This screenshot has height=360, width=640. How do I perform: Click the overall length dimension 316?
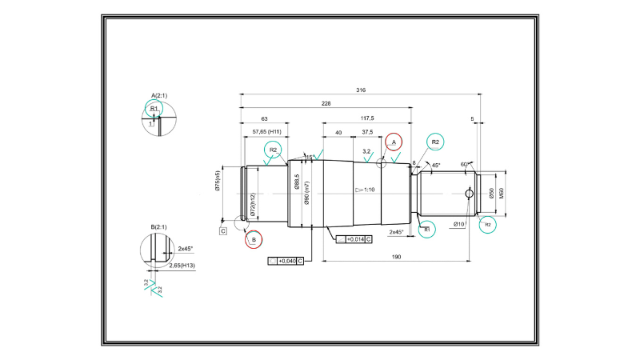[361, 90]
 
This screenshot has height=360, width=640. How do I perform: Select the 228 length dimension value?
[326, 104]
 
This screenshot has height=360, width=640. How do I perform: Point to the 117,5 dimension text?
[367, 118]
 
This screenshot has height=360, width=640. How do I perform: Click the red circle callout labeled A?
[393, 142]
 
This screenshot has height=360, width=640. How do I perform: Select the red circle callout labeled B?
[254, 238]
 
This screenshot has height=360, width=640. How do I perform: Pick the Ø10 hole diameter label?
[458, 224]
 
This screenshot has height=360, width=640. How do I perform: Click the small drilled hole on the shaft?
[469, 193]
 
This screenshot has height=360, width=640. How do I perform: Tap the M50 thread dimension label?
[502, 193]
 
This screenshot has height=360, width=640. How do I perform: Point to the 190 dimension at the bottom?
[397, 258]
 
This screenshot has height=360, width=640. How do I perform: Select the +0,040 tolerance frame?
[286, 261]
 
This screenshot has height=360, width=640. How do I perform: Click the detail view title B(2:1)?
[158, 227]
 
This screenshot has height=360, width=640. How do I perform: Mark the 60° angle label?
[464, 164]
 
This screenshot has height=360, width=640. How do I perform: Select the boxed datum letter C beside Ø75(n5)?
[223, 231]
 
